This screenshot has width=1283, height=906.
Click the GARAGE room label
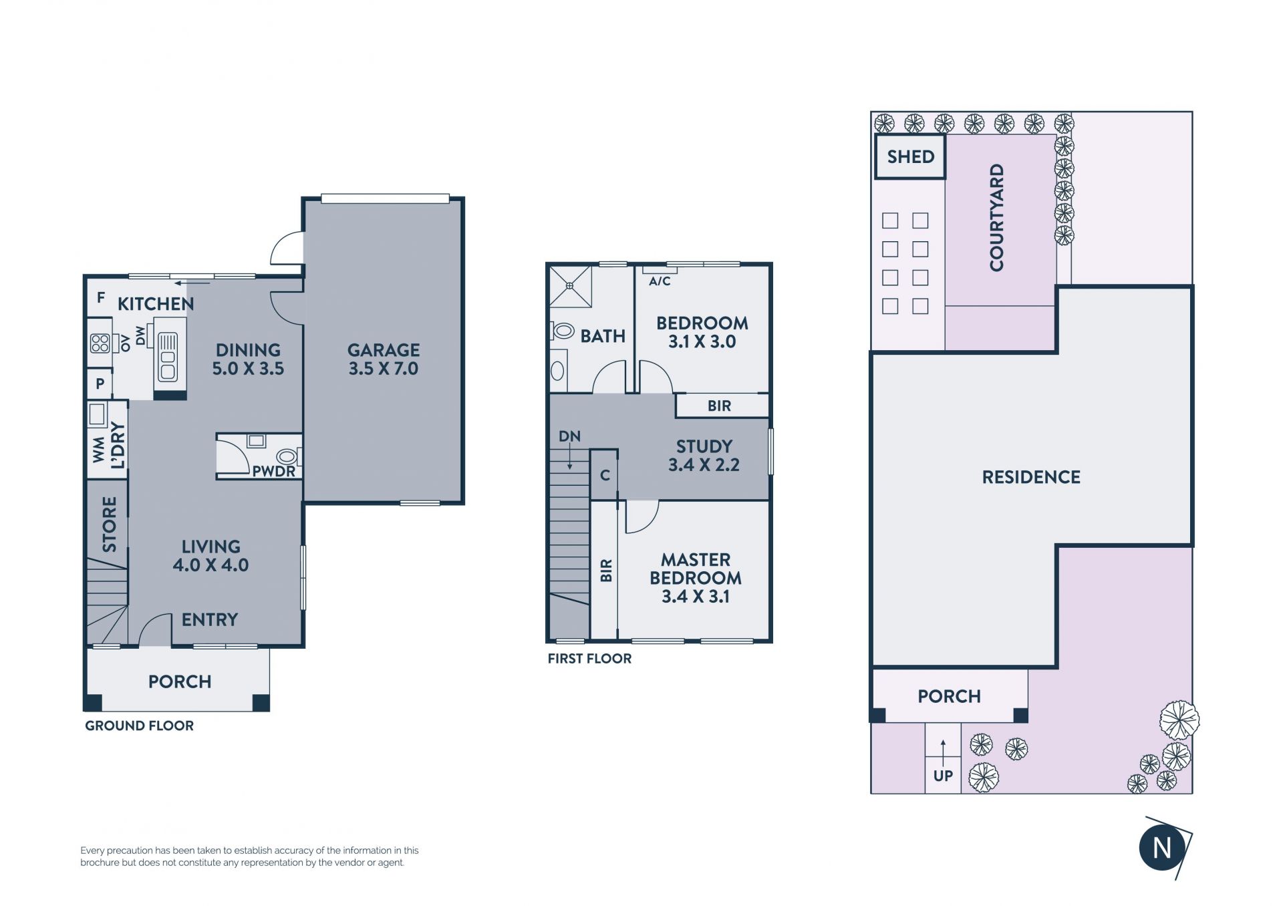pos(384,349)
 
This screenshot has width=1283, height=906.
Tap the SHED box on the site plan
pos(910,157)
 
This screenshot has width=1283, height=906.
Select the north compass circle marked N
pos(1163,848)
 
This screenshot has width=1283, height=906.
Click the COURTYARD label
pos(997,217)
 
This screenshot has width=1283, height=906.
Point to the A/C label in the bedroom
pos(660,281)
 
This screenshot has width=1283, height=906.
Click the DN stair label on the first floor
pos(569,436)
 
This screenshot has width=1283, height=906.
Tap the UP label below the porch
pos(943,776)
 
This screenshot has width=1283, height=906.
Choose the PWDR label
pos(273,471)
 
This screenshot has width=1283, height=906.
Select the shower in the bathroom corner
pos(570,286)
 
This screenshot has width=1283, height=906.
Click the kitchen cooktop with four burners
pos(100,343)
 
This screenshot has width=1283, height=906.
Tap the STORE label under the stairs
pos(110,524)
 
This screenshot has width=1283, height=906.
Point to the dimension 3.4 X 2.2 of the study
pos(704,465)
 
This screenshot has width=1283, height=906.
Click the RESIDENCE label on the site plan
pos(1031,477)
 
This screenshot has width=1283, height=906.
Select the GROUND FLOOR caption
pos(139,726)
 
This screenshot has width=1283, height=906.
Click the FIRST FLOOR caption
pos(589,659)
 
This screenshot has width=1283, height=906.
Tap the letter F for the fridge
pos(101,297)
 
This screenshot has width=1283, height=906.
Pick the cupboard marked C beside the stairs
pos(605,475)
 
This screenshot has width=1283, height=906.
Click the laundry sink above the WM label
pos(98,414)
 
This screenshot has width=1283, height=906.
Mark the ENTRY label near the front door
pos(210,620)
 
